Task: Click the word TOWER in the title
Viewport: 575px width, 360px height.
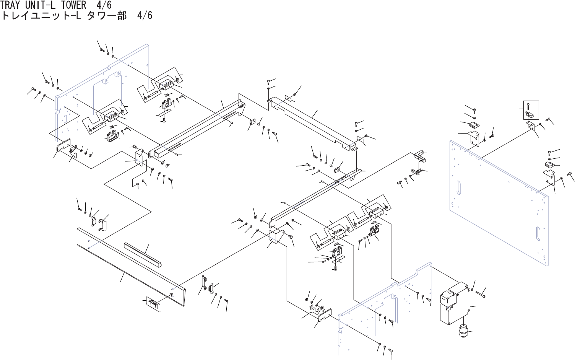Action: [74, 5]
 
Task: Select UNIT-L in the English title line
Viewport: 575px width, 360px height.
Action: [42, 5]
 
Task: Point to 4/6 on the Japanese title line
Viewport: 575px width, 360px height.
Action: [144, 16]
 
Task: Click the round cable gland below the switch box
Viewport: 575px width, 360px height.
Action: [463, 330]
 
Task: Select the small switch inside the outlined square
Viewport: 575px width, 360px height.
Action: [530, 114]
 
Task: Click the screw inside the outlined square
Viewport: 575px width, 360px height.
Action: [528, 106]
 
